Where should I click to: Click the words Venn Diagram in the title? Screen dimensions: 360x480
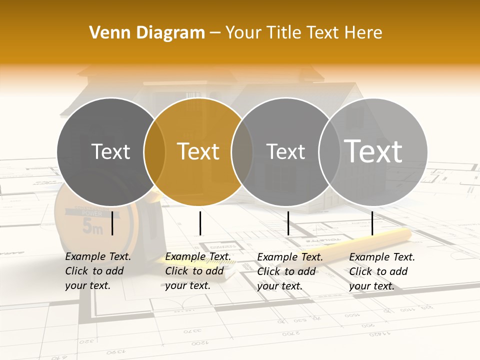(147, 33)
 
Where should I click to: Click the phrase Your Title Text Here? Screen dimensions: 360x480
(303, 33)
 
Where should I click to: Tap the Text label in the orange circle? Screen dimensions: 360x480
(198, 151)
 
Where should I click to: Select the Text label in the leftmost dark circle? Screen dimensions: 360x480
(111, 151)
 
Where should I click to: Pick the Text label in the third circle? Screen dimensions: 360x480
(285, 151)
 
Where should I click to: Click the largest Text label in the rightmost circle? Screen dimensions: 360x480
(373, 151)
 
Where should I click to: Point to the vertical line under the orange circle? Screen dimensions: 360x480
(200, 223)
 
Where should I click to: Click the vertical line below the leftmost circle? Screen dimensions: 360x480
(112, 223)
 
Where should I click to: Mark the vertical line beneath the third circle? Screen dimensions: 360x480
(288, 223)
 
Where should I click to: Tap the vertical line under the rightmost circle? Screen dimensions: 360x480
(372, 223)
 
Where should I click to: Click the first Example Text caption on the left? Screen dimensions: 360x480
(98, 271)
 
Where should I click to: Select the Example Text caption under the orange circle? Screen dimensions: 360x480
(198, 271)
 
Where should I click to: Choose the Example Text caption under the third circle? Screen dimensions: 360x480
(290, 271)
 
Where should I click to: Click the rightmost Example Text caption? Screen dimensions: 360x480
(382, 271)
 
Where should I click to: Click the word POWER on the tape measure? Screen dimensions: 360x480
(91, 213)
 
